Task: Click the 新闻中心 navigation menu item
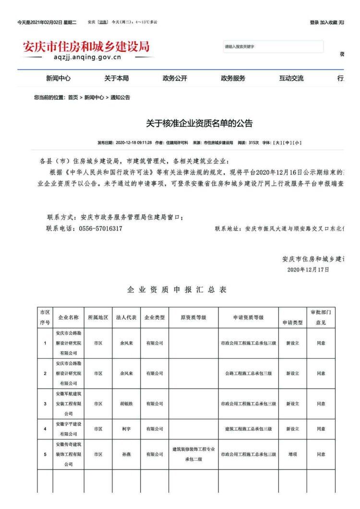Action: point(59,78)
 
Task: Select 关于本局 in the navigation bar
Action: point(117,78)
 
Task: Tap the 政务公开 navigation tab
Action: point(175,78)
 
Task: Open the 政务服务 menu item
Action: point(233,78)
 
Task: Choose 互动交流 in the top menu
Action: point(291,78)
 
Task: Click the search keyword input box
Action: point(273,47)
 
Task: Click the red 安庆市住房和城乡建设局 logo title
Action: point(86,47)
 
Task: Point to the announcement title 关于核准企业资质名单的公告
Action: point(199,124)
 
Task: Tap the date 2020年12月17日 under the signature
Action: point(308,270)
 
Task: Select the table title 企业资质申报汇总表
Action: point(177,290)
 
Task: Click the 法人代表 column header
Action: point(126,318)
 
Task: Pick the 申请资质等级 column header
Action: point(248,318)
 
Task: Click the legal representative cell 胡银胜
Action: point(126,404)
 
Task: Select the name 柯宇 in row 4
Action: point(126,429)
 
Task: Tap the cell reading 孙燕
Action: point(126,454)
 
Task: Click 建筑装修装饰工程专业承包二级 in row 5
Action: point(193,453)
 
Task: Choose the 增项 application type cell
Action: point(292,454)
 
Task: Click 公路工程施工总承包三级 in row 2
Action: point(248,373)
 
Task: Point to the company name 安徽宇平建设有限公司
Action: point(68,429)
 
